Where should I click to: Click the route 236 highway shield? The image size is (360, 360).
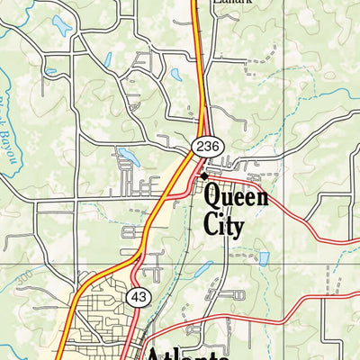pyautogui.click(x=205, y=146)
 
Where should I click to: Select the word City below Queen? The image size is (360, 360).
pyautogui.click(x=224, y=223)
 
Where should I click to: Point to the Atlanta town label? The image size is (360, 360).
pyautogui.click(x=189, y=352)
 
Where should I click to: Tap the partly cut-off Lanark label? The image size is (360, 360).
pyautogui.click(x=232, y=3)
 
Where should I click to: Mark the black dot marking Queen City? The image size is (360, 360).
pyautogui.click(x=205, y=175)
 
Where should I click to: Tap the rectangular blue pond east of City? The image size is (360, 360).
pyautogui.click(x=264, y=258)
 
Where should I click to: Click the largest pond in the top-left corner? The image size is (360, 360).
pyautogui.click(x=61, y=24)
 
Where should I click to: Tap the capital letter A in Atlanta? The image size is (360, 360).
pyautogui.click(x=157, y=352)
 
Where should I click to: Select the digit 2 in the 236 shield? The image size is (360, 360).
pyautogui.click(x=199, y=146)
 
